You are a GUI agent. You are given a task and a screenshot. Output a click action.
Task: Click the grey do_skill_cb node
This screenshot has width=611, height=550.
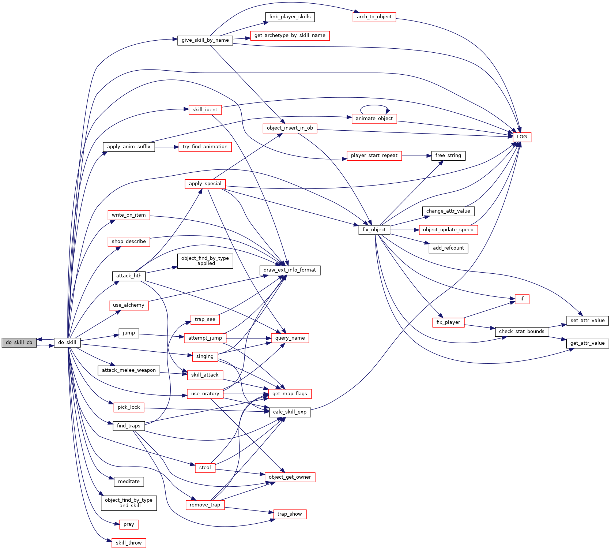[19, 343]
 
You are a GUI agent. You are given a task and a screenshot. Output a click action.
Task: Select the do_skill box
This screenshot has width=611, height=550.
[67, 343]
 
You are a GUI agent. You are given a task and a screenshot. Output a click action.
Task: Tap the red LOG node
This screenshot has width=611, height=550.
[522, 137]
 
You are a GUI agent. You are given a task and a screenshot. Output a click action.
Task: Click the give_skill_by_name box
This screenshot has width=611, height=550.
[205, 40]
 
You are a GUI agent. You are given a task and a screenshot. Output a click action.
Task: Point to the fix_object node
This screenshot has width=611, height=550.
[374, 230]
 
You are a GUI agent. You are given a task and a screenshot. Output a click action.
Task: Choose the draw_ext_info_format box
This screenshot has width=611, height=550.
[290, 270]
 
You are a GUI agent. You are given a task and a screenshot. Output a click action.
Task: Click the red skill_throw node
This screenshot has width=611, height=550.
[129, 543]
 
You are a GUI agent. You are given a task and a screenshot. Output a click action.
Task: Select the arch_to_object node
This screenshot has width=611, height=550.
[374, 17]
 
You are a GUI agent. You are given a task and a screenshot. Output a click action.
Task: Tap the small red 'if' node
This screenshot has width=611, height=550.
[522, 299]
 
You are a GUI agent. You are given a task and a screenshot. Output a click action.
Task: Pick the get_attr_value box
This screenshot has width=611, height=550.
[587, 343]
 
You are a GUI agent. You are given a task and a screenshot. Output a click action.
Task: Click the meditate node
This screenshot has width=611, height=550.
[129, 482]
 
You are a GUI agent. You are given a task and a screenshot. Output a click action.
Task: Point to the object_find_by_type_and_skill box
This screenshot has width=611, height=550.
[129, 503]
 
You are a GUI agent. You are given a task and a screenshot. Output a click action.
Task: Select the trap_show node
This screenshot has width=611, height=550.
[290, 514]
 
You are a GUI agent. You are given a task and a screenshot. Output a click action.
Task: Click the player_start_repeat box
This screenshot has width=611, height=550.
[374, 156]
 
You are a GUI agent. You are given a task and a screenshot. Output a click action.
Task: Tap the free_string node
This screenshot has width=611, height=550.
[448, 156]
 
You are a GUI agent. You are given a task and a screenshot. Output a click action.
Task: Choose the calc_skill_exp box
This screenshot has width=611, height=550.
[290, 412]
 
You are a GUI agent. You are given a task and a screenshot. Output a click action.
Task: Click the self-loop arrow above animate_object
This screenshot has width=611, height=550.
[374, 106]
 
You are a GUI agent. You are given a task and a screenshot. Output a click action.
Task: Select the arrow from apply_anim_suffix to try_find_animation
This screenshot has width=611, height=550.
[166, 147]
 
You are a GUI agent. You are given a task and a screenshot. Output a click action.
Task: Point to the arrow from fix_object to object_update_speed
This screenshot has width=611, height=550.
[404, 230]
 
